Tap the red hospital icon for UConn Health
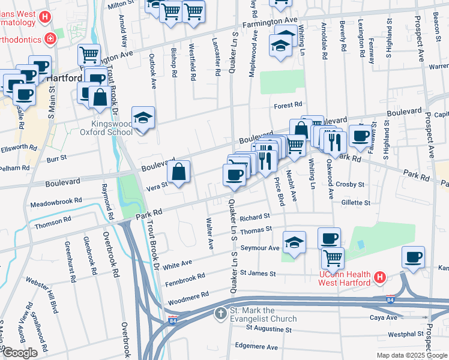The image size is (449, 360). [379, 277]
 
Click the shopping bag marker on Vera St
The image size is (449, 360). [179, 173]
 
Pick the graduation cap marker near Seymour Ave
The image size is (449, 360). [294, 242]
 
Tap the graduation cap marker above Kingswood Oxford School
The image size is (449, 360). [143, 118]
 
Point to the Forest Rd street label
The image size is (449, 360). [288, 106]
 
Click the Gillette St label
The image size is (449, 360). [355, 203]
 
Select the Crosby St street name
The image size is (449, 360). [351, 184]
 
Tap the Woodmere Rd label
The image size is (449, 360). [188, 295]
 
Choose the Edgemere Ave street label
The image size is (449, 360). [256, 347]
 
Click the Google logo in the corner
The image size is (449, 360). [20, 353]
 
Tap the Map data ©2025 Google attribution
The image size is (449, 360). [411, 356]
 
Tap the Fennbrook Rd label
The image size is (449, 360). [184, 278]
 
